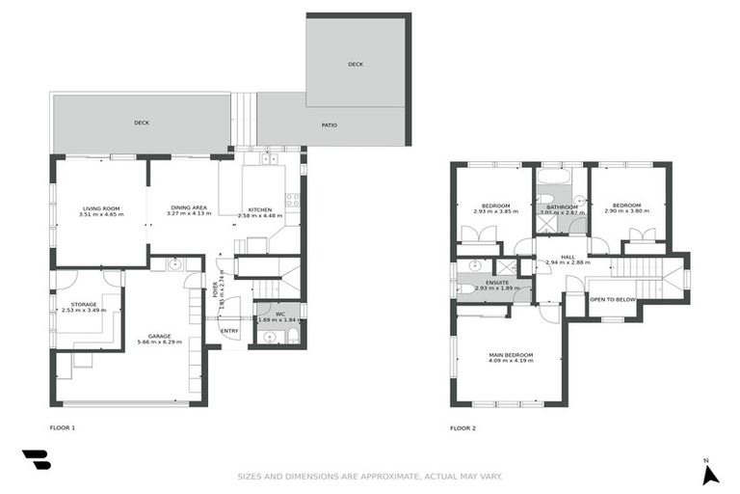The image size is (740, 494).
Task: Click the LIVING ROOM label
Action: (101, 208)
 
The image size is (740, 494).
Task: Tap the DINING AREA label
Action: (188, 208)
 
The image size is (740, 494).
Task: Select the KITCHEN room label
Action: (260, 209)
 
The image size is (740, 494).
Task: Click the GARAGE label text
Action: (153, 336)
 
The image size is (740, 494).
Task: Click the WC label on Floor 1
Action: (278, 314)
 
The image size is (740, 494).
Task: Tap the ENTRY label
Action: (229, 331)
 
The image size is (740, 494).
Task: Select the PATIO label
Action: (329, 124)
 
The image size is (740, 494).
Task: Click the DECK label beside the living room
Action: (142, 123)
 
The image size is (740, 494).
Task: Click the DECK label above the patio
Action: (356, 65)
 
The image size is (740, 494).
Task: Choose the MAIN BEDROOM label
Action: (510, 355)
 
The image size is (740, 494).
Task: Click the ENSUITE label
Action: (497, 282)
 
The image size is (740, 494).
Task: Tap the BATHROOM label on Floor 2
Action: (561, 206)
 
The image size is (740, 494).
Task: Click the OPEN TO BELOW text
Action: (613, 299)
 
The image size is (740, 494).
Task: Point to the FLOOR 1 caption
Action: (62, 426)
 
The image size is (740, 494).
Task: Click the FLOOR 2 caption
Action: (462, 427)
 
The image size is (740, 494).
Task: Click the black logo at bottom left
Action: (36, 460)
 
